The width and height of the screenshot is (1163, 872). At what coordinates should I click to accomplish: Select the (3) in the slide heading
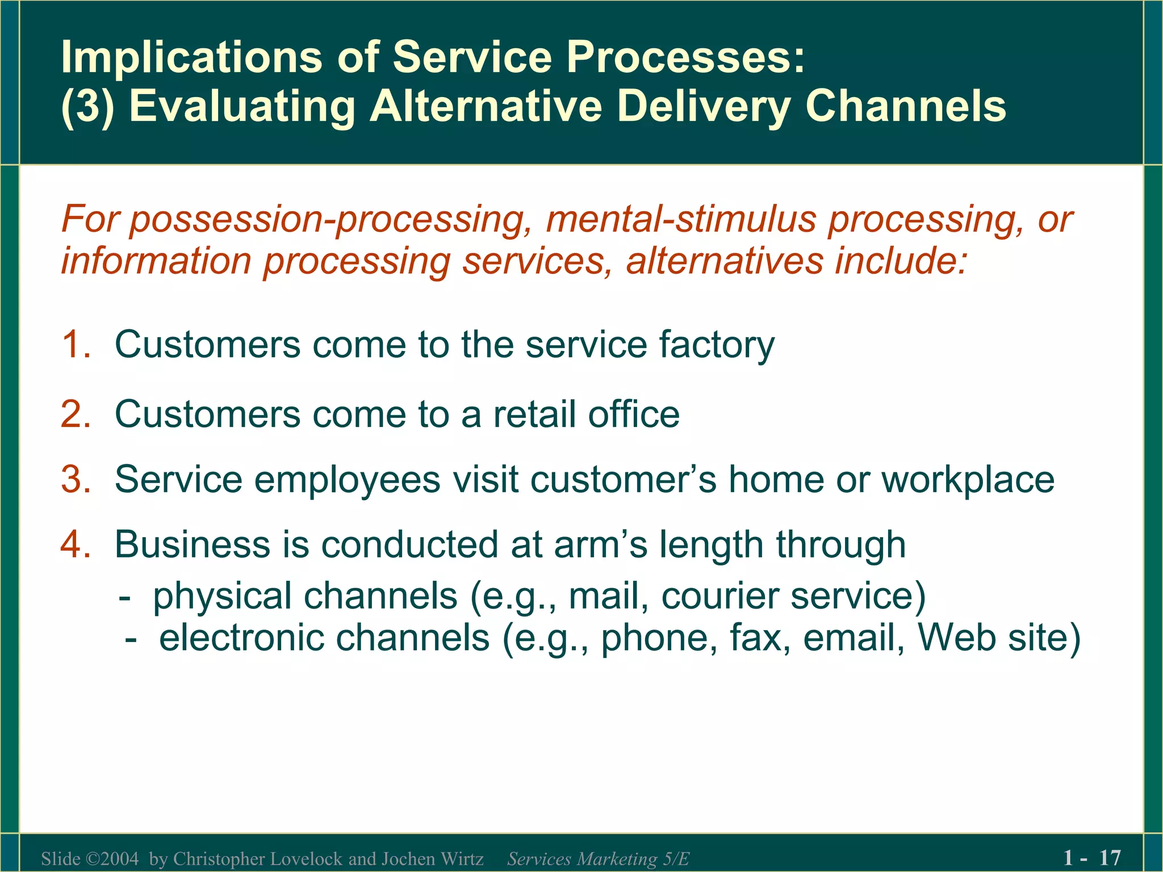[x=87, y=107]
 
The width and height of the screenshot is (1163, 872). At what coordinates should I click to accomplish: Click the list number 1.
[x=74, y=345]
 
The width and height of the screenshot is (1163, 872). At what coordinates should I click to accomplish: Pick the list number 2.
[x=74, y=414]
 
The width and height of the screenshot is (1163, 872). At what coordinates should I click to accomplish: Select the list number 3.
[x=74, y=480]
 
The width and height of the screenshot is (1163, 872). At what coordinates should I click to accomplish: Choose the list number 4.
[x=74, y=544]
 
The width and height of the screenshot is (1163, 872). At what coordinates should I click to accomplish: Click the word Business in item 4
[x=193, y=544]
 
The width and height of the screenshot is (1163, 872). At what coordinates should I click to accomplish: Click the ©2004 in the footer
[x=112, y=858]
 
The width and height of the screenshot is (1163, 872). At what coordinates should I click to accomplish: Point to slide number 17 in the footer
[x=1110, y=857]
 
